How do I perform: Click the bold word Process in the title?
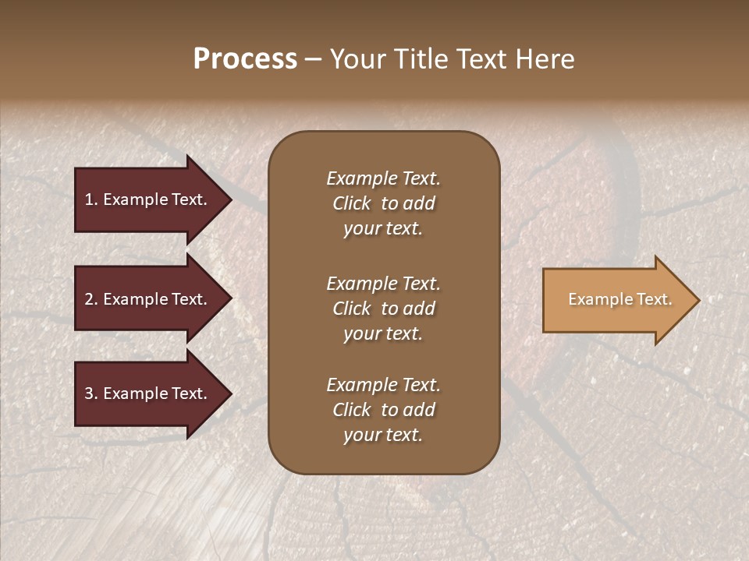pyautogui.click(x=245, y=59)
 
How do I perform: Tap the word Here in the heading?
pyautogui.click(x=545, y=59)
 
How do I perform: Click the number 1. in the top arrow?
pyautogui.click(x=91, y=199)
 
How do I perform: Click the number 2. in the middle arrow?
pyautogui.click(x=91, y=299)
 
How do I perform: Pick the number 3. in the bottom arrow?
pyautogui.click(x=91, y=393)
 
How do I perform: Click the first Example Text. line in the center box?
pyautogui.click(x=383, y=178)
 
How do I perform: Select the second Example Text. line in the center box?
pyautogui.click(x=383, y=284)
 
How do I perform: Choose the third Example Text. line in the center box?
pyautogui.click(x=383, y=385)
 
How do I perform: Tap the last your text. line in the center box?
pyautogui.click(x=383, y=436)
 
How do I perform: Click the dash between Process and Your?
pyautogui.click(x=313, y=60)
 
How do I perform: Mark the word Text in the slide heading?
pyautogui.click(x=480, y=59)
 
